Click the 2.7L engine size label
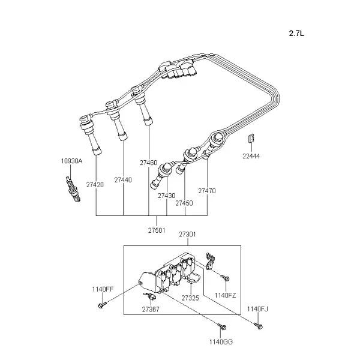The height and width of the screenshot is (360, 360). (296, 34)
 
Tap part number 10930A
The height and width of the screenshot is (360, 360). (71, 161)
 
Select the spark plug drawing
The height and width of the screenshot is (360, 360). (73, 189)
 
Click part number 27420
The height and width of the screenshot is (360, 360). (95, 185)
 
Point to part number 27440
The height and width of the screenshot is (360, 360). (123, 180)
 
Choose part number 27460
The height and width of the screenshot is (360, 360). (149, 163)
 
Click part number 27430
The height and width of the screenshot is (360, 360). (166, 196)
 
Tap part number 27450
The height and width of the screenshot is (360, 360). (184, 203)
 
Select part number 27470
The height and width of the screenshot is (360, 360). (207, 191)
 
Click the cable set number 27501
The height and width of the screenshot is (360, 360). (157, 230)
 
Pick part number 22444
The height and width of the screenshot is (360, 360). (251, 156)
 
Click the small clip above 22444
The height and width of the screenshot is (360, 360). (251, 138)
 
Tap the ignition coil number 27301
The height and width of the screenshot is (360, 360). (187, 235)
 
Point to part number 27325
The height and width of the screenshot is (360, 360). (190, 298)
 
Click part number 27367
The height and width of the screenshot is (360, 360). (151, 309)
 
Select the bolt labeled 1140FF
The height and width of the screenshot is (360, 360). (102, 305)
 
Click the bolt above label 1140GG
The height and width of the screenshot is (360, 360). (222, 326)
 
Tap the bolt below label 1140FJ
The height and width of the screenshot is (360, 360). (258, 326)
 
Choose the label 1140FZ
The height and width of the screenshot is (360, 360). (225, 295)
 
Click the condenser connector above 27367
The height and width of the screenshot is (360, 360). (149, 296)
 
